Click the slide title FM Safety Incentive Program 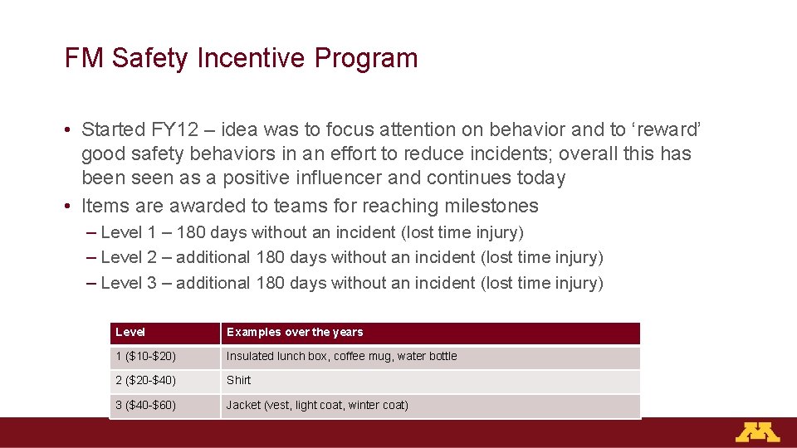(x=241, y=59)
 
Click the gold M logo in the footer (x=756, y=432)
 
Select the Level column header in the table (x=130, y=333)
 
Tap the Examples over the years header (x=295, y=333)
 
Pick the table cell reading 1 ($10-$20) (x=145, y=357)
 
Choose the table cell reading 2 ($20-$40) (x=145, y=381)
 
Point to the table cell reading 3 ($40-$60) (x=145, y=406)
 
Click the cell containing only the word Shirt (x=239, y=381)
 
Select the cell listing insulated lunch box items (x=341, y=357)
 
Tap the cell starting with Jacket (x=317, y=406)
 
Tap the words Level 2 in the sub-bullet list (x=129, y=258)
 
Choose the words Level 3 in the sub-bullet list (x=129, y=284)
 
